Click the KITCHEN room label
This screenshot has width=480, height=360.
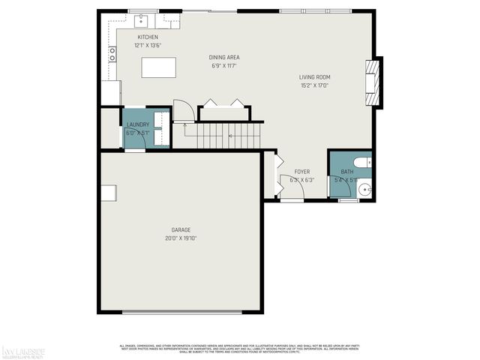(x=147, y=37)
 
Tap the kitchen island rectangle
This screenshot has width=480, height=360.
(x=157, y=67)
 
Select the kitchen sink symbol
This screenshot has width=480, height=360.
(x=139, y=19)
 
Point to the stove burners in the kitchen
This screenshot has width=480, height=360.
(x=112, y=53)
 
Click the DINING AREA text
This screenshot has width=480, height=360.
(x=223, y=57)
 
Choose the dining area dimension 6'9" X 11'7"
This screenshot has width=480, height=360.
(x=223, y=66)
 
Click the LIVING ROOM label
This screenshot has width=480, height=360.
(x=314, y=76)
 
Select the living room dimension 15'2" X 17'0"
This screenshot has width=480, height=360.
(x=314, y=85)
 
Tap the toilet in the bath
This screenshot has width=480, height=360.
(x=361, y=162)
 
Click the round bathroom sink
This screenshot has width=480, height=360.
(x=364, y=190)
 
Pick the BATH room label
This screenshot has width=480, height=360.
(x=347, y=172)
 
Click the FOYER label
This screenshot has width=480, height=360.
(x=301, y=172)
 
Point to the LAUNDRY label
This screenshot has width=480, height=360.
(x=137, y=124)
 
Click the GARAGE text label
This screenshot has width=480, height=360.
(x=180, y=229)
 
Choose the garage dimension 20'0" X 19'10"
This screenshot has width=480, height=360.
(x=180, y=238)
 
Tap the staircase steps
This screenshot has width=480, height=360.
(x=223, y=136)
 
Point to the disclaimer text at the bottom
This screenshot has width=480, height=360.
(x=240, y=349)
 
